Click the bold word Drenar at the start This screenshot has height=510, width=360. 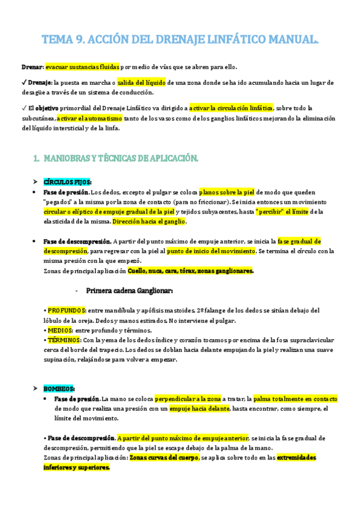31,67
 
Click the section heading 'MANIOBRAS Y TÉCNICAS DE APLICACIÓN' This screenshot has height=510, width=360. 120,158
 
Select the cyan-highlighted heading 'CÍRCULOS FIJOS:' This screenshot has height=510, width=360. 67,181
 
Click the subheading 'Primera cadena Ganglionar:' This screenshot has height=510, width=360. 130,290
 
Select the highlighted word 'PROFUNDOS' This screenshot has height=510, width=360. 67,310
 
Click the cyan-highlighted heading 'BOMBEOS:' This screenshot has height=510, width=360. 59,389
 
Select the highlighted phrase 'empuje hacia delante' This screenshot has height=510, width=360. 200,408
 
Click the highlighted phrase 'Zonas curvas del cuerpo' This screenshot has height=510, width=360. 165,457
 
